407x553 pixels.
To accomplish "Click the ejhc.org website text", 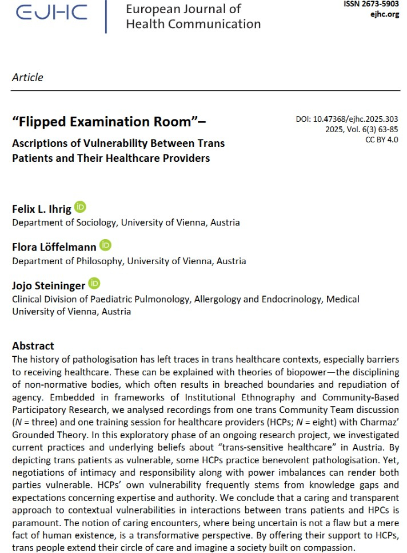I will (384, 14).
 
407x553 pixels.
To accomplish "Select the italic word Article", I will (27, 77).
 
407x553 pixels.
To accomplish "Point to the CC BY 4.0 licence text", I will (381, 140).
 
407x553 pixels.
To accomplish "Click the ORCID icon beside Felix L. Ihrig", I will (80, 207).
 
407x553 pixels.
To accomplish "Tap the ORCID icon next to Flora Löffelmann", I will (106, 245).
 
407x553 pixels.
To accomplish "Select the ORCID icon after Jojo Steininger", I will (94, 283).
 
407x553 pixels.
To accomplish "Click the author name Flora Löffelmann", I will (54, 246).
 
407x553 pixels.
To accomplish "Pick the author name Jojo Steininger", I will (49, 284).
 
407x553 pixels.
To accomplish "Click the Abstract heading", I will (33, 345).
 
